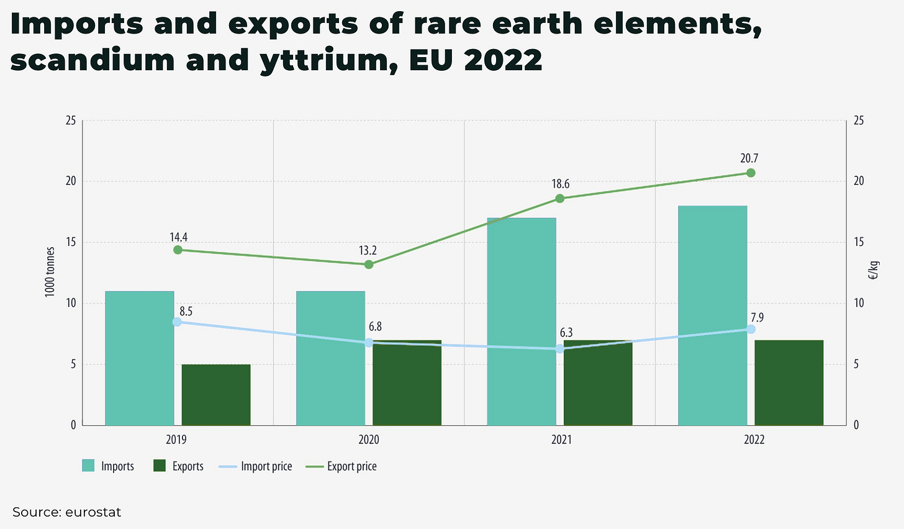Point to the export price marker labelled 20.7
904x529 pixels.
[x=751, y=173]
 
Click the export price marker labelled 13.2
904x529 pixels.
[x=369, y=264]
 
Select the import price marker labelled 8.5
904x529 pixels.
[x=177, y=322]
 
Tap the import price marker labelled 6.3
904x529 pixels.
[x=559, y=349]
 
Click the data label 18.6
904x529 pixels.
[x=560, y=184]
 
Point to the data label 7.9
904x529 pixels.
[x=756, y=317]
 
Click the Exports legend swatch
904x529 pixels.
[x=160, y=466]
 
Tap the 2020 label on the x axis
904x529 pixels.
[x=369, y=440]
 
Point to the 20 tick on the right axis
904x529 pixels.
[x=859, y=181]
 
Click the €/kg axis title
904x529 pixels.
[x=874, y=271]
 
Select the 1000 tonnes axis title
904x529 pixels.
[x=50, y=272]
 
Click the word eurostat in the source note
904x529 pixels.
[x=93, y=512]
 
